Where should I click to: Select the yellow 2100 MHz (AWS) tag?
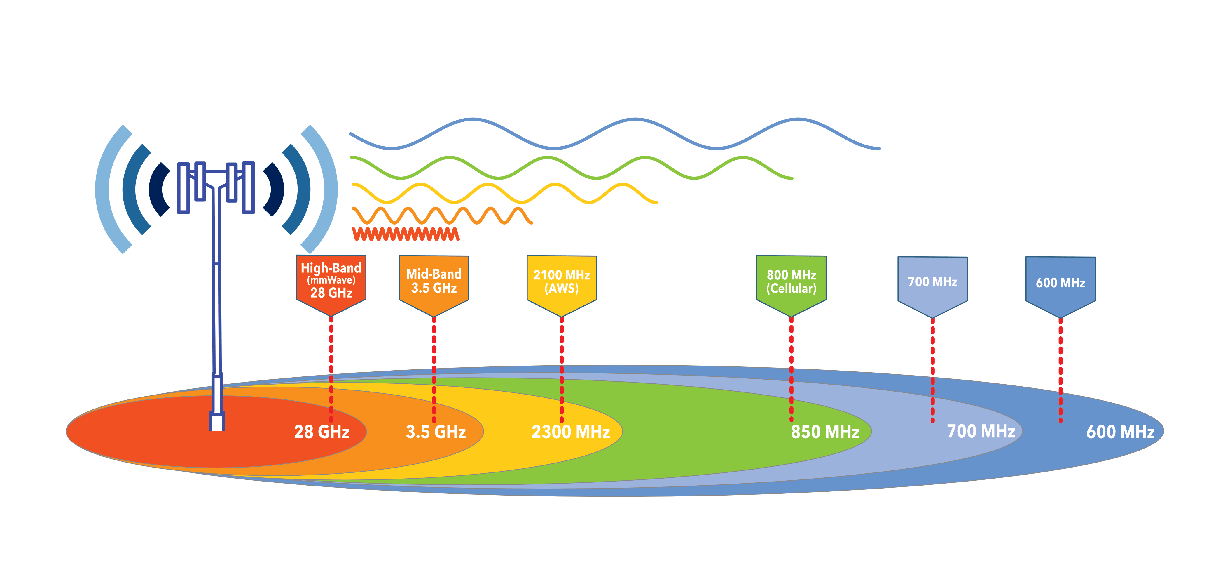[562, 282]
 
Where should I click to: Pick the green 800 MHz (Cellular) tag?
[791, 282]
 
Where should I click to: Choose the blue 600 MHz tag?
[1060, 283]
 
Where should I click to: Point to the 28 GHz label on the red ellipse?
[321, 432]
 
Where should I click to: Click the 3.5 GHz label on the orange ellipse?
[436, 432]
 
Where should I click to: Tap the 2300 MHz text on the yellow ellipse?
[571, 432]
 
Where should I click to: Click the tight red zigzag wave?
[406, 234]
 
